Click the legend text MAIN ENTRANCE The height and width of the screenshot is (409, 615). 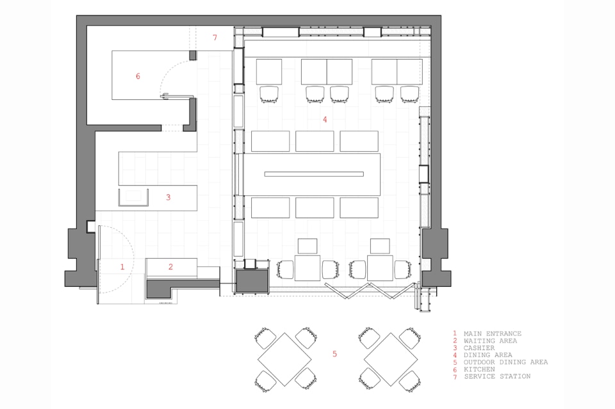492,333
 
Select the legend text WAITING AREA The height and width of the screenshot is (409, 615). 490,341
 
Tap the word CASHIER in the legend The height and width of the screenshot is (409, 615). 479,348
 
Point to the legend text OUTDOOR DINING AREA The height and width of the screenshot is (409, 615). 505,362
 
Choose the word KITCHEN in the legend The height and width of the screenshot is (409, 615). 479,369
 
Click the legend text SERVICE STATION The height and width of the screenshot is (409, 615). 497,376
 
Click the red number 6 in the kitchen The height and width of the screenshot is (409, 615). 138,76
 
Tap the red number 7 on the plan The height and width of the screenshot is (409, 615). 215,38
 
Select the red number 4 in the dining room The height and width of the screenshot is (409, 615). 325,120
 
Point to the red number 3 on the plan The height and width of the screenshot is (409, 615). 168,197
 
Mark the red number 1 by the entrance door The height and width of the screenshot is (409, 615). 122,267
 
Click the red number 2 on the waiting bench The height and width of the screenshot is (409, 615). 170,267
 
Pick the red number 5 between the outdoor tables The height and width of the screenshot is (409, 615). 334,354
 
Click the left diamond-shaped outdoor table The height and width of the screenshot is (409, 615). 284,359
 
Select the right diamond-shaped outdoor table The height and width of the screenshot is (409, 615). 391,359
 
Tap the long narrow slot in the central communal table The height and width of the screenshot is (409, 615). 314,174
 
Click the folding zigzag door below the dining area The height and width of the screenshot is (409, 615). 369,291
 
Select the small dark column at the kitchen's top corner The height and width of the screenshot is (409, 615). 193,55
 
